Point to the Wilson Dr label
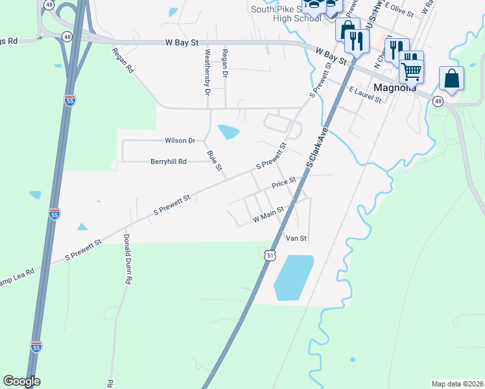(x=180, y=140)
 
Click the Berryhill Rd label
(x=169, y=161)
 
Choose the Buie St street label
(x=214, y=161)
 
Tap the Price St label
(x=283, y=183)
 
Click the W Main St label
(x=268, y=215)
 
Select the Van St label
(x=296, y=239)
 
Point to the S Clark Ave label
(x=318, y=148)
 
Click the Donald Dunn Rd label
(x=128, y=259)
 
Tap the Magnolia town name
(x=394, y=88)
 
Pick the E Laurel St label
(x=363, y=95)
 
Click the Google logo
(x=21, y=381)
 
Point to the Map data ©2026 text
(x=457, y=384)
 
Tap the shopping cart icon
(x=411, y=71)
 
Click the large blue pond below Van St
(x=293, y=277)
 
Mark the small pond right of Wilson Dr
(x=228, y=132)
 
